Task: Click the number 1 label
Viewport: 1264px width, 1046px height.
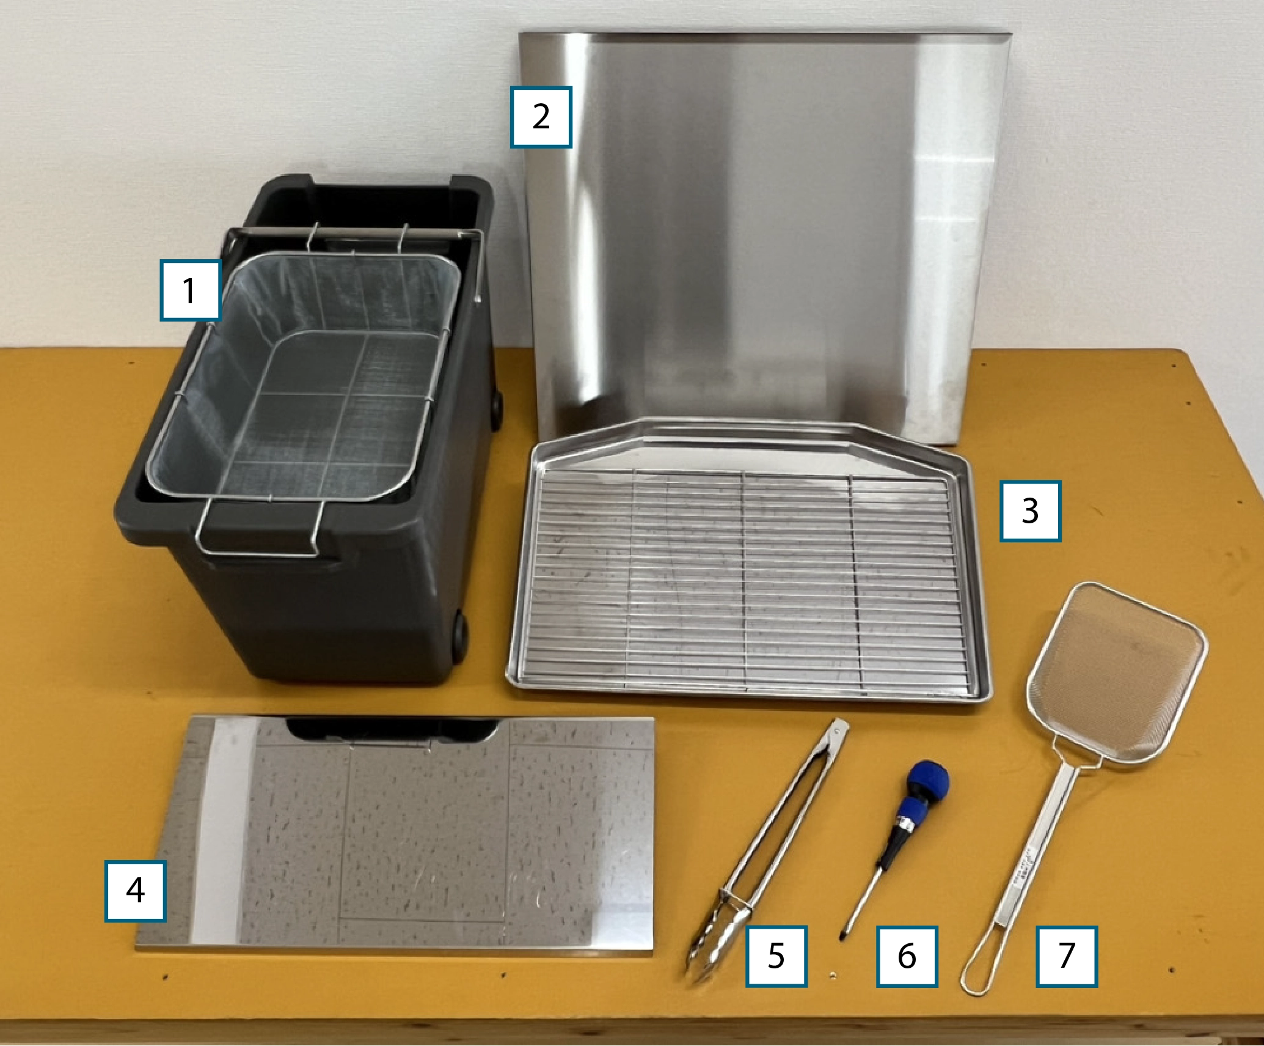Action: (x=190, y=290)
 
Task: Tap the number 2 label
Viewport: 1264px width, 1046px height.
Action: (x=541, y=117)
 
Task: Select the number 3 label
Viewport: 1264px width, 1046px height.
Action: (x=1030, y=511)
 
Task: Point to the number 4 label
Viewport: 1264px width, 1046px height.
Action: (x=135, y=891)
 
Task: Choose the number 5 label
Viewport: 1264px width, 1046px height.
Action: (x=776, y=956)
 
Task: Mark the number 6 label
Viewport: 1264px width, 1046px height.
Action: (x=907, y=956)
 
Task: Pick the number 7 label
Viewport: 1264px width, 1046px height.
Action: (x=1067, y=956)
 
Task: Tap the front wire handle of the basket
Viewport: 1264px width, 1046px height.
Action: (x=260, y=553)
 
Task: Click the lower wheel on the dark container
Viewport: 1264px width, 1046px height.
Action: (x=459, y=637)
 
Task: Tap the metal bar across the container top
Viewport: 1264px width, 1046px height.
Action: (x=353, y=233)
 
